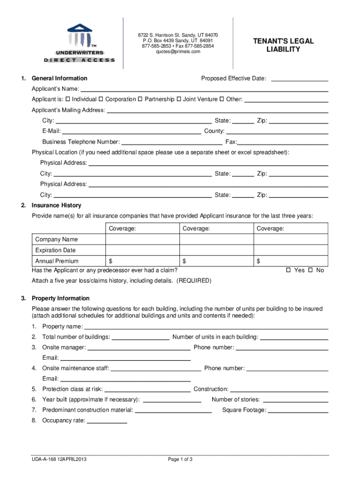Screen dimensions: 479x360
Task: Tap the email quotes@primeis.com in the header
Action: coord(178,52)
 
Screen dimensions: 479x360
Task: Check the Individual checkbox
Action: coord(68,99)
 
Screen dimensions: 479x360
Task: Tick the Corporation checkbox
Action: coord(101,99)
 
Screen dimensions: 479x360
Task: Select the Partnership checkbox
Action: coord(140,99)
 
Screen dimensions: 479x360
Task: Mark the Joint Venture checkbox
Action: coord(179,99)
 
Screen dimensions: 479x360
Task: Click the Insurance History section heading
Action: coord(56,205)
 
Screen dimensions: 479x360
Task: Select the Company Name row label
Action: coord(57,239)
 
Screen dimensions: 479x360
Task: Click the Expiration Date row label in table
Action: coord(55,250)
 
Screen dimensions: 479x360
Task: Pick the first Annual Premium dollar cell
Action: coord(143,261)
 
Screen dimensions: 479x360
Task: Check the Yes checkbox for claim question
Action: coord(288,270)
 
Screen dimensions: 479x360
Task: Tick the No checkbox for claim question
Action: coord(310,270)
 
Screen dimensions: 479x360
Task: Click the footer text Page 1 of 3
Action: coord(180,459)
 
